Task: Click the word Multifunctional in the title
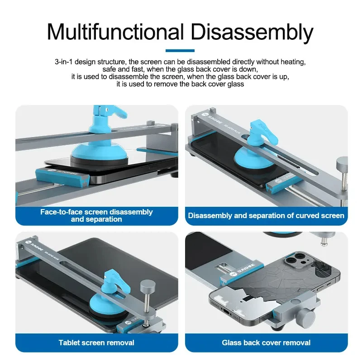115,32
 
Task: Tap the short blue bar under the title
180,51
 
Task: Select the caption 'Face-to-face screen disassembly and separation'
96,215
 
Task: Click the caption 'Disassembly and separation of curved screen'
266,216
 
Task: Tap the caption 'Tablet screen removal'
96,343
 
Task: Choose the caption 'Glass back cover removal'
266,343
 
